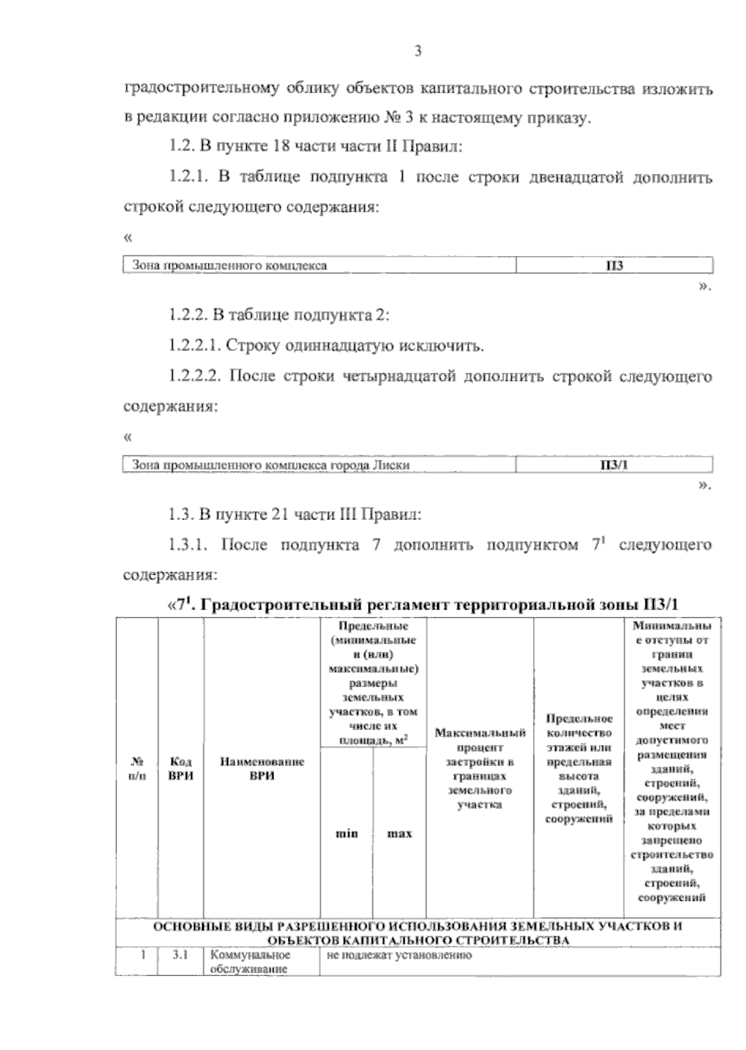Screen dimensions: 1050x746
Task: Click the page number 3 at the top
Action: [x=418, y=52]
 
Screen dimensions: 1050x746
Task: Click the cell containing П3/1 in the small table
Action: [x=614, y=465]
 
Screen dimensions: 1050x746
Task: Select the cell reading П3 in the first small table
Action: [x=614, y=266]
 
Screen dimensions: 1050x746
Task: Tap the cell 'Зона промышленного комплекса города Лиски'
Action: [x=271, y=465]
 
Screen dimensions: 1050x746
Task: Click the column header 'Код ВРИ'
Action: [x=181, y=769]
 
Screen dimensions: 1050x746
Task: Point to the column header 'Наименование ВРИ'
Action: [x=262, y=769]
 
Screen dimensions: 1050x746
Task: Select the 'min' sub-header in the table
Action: [x=346, y=834]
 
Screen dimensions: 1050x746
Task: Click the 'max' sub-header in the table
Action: [x=400, y=834]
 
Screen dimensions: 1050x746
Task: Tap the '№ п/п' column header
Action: [x=137, y=769]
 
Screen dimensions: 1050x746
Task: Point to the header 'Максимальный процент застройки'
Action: [x=480, y=769]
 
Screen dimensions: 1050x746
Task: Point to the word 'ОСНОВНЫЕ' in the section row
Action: [x=181, y=926]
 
